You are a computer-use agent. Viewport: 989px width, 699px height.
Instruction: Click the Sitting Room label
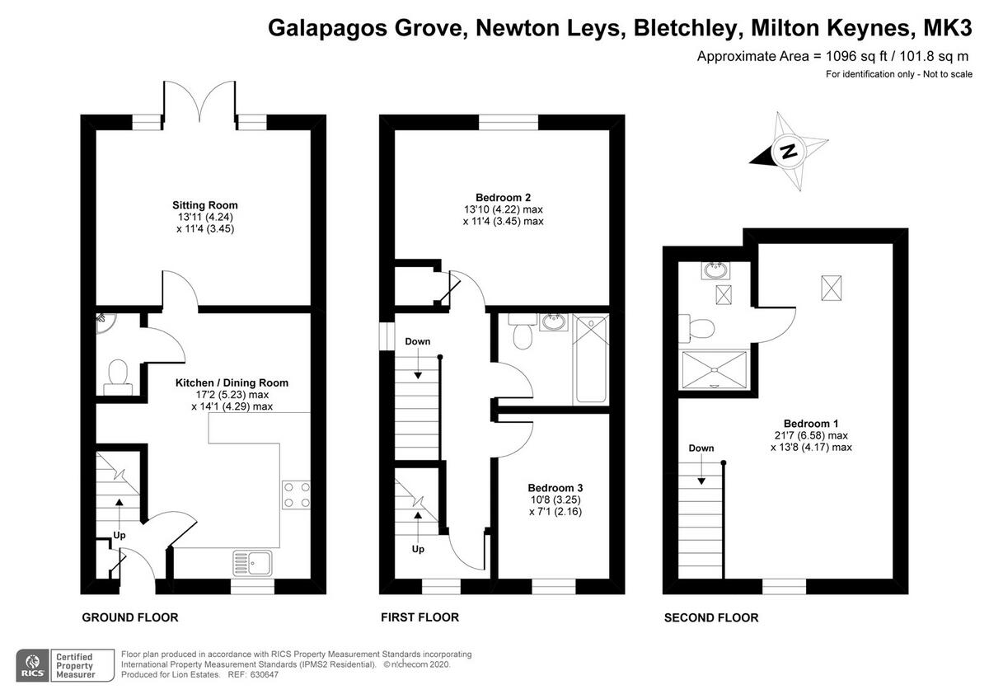[x=205, y=205]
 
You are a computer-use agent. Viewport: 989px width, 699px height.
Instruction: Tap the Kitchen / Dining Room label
[x=232, y=383]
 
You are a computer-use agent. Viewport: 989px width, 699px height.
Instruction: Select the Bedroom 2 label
[x=503, y=198]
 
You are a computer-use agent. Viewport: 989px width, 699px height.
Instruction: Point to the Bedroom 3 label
[x=544, y=488]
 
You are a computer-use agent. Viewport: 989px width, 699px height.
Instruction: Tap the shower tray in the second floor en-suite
[x=714, y=368]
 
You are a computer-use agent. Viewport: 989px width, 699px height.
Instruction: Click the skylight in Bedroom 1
[x=832, y=289]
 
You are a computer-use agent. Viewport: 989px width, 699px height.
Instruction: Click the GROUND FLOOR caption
[x=130, y=617]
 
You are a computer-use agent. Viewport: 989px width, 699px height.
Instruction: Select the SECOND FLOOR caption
[x=711, y=617]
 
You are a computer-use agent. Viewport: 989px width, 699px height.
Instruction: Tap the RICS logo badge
[x=33, y=664]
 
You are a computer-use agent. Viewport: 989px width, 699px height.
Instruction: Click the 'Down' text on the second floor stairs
[x=701, y=448]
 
